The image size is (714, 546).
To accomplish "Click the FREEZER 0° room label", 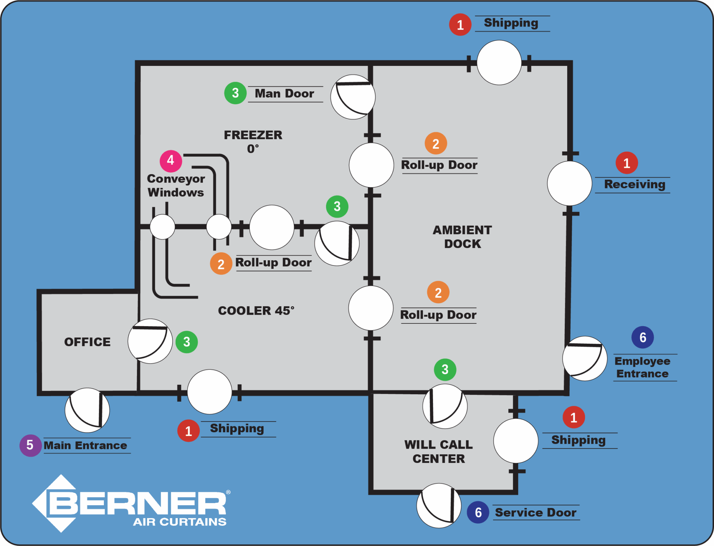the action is tap(253, 141).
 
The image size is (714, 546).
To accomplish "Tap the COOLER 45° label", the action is tap(256, 311).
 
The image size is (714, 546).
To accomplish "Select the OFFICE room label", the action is tap(88, 342).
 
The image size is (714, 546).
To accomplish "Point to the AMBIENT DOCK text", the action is tap(462, 237).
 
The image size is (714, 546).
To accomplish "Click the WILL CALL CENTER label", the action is tap(439, 451).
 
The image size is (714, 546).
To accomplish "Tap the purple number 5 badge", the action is tap(30, 446).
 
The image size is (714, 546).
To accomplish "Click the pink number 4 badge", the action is tap(171, 161).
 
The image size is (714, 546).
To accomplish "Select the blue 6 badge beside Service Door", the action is tap(478, 512).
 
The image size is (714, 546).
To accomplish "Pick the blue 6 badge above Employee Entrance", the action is tap(643, 337).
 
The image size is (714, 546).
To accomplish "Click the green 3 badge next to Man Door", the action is tap(235, 93).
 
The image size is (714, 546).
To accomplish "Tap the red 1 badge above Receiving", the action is tap(626, 163).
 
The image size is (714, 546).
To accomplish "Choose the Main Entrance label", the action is tap(85, 446).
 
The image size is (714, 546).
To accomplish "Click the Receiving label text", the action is tap(635, 185).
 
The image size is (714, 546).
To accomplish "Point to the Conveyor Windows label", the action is tap(176, 186).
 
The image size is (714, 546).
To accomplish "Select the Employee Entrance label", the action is tap(642, 367).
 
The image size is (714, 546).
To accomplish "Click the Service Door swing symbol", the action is tap(439, 506).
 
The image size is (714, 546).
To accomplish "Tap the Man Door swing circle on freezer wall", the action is tap(353, 97).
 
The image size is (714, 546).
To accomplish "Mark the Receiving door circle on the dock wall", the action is tap(570, 184).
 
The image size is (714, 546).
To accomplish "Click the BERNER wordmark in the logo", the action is tap(138, 503).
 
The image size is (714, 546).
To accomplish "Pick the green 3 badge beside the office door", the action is tap(187, 342).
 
